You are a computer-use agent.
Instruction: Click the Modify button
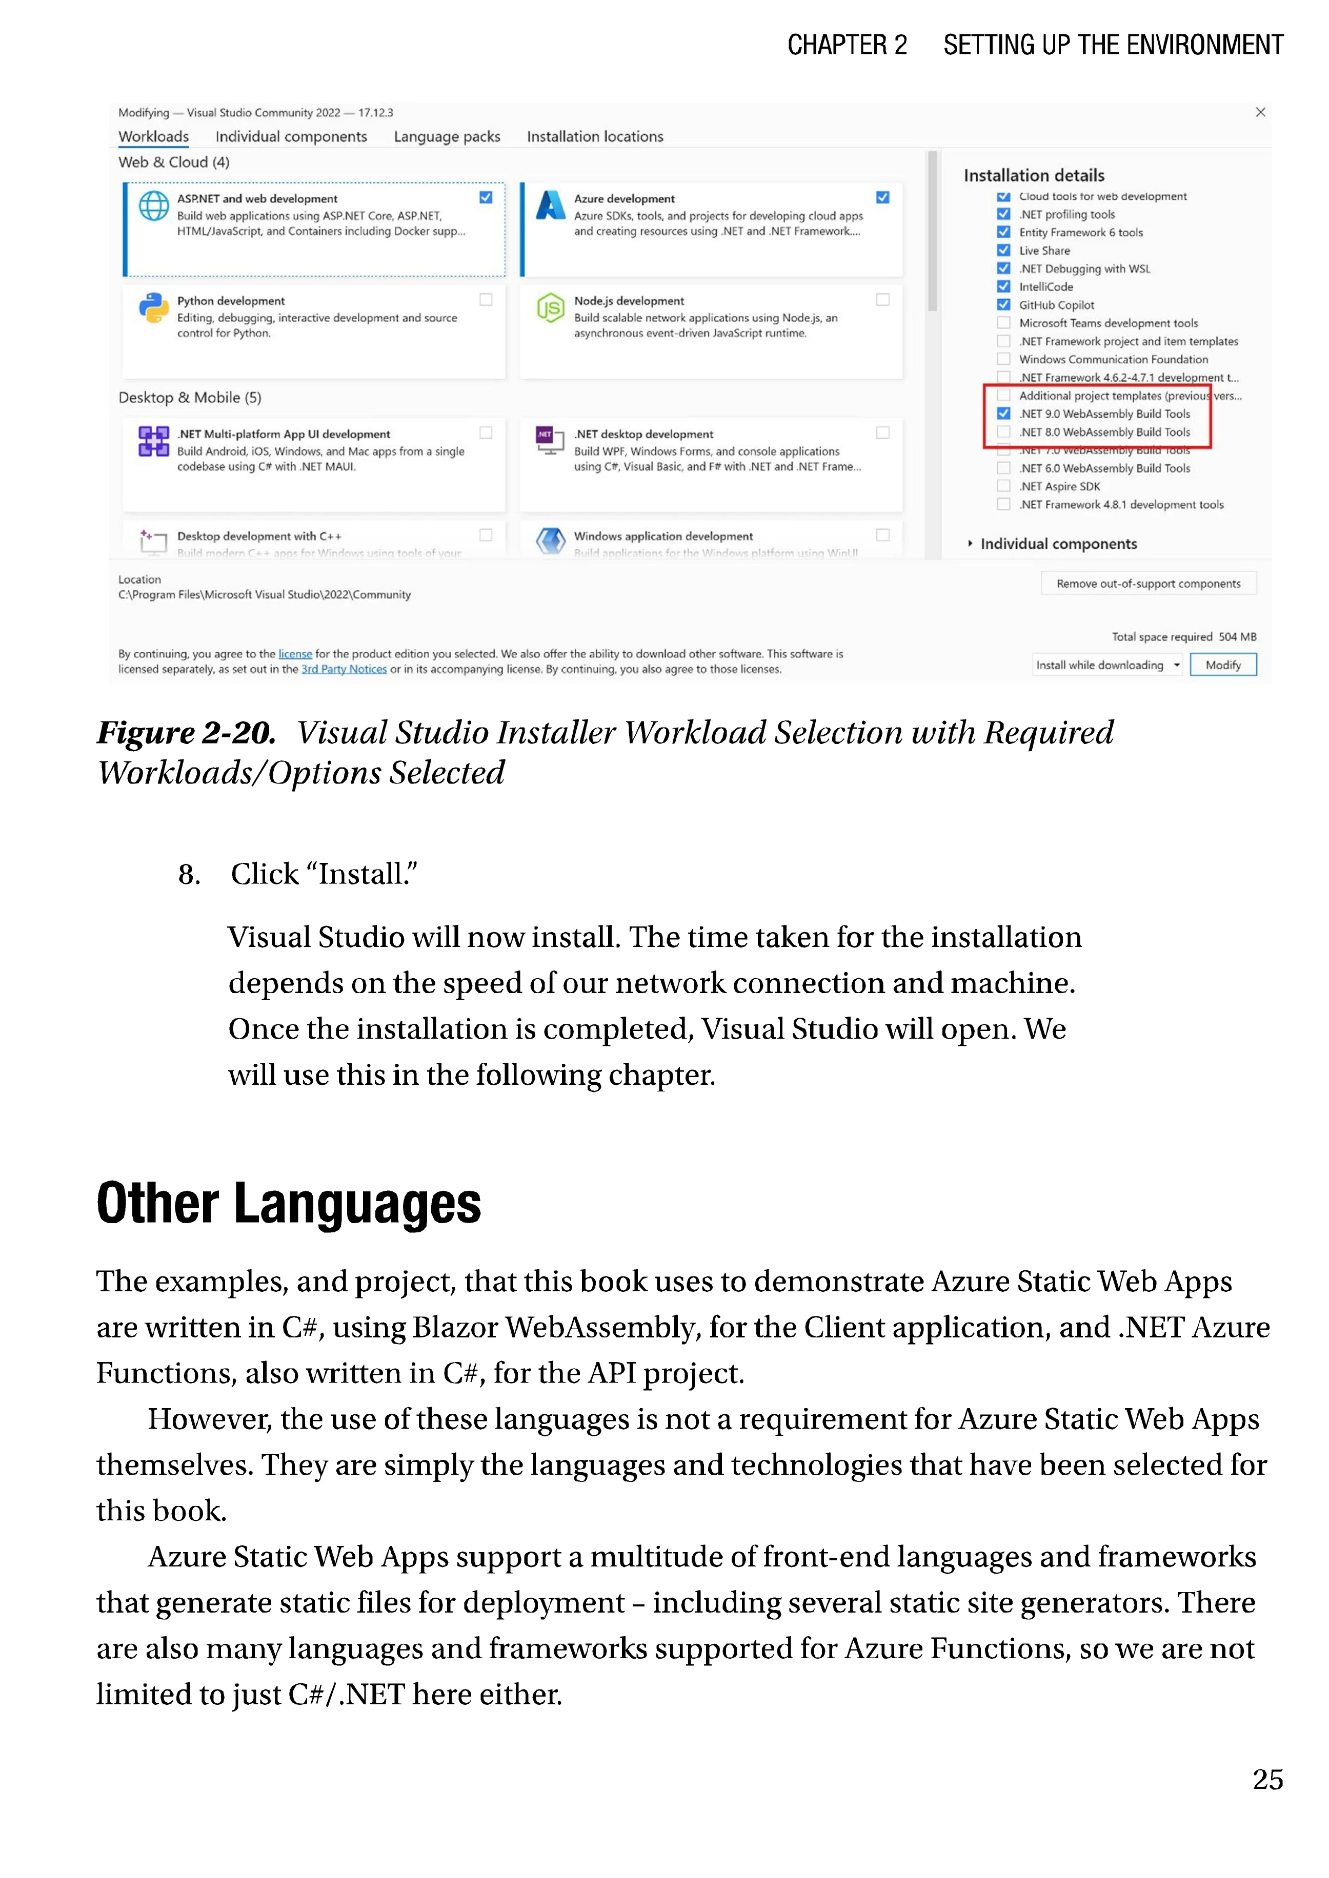1223,665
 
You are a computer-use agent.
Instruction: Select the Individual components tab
291,137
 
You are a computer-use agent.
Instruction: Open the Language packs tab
447,137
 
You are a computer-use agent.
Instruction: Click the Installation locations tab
595,137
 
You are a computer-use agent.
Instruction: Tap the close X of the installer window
1260,112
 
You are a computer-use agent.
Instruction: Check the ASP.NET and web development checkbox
486,197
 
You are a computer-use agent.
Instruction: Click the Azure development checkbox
882,197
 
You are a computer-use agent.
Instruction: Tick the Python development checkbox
486,299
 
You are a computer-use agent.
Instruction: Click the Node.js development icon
550,308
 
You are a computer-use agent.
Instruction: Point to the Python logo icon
153,308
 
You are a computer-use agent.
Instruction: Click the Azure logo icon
551,205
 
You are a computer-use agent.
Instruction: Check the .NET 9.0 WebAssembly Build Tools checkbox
1003,414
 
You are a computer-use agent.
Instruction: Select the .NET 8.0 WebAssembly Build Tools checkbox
1003,432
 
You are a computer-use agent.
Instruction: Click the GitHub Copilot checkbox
1003,305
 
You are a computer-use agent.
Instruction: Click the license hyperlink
295,654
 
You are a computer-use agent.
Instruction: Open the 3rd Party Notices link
344,669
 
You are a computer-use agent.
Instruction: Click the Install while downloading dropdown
1107,665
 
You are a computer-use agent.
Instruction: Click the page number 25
1267,1779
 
